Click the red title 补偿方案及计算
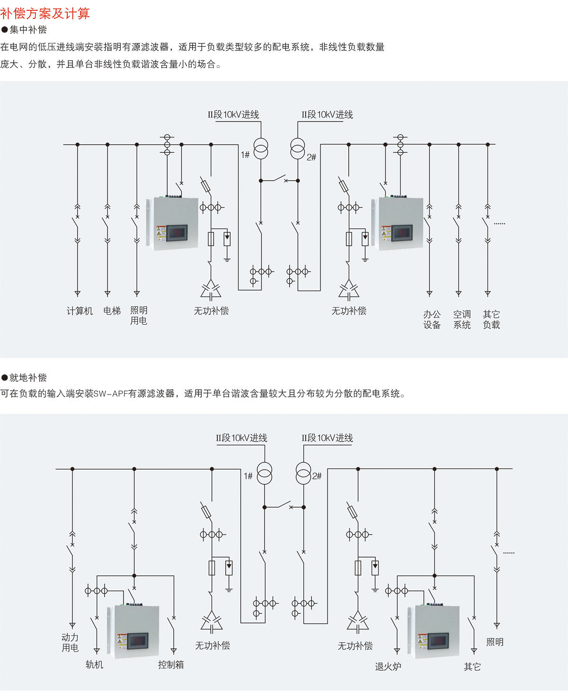click(45, 13)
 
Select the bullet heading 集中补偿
click(28, 30)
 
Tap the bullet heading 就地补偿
click(28, 377)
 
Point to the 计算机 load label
click(80, 311)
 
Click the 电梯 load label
click(112, 311)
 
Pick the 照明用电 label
click(139, 316)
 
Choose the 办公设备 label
click(432, 319)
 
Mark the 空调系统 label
click(461, 319)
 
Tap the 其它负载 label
click(491, 319)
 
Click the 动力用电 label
click(70, 643)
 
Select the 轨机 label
click(94, 664)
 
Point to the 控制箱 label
click(171, 664)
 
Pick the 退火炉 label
click(388, 666)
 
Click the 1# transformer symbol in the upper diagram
click(261, 149)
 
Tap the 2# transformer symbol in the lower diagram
click(303, 472)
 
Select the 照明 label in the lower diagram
click(495, 642)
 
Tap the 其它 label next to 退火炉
click(472, 666)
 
